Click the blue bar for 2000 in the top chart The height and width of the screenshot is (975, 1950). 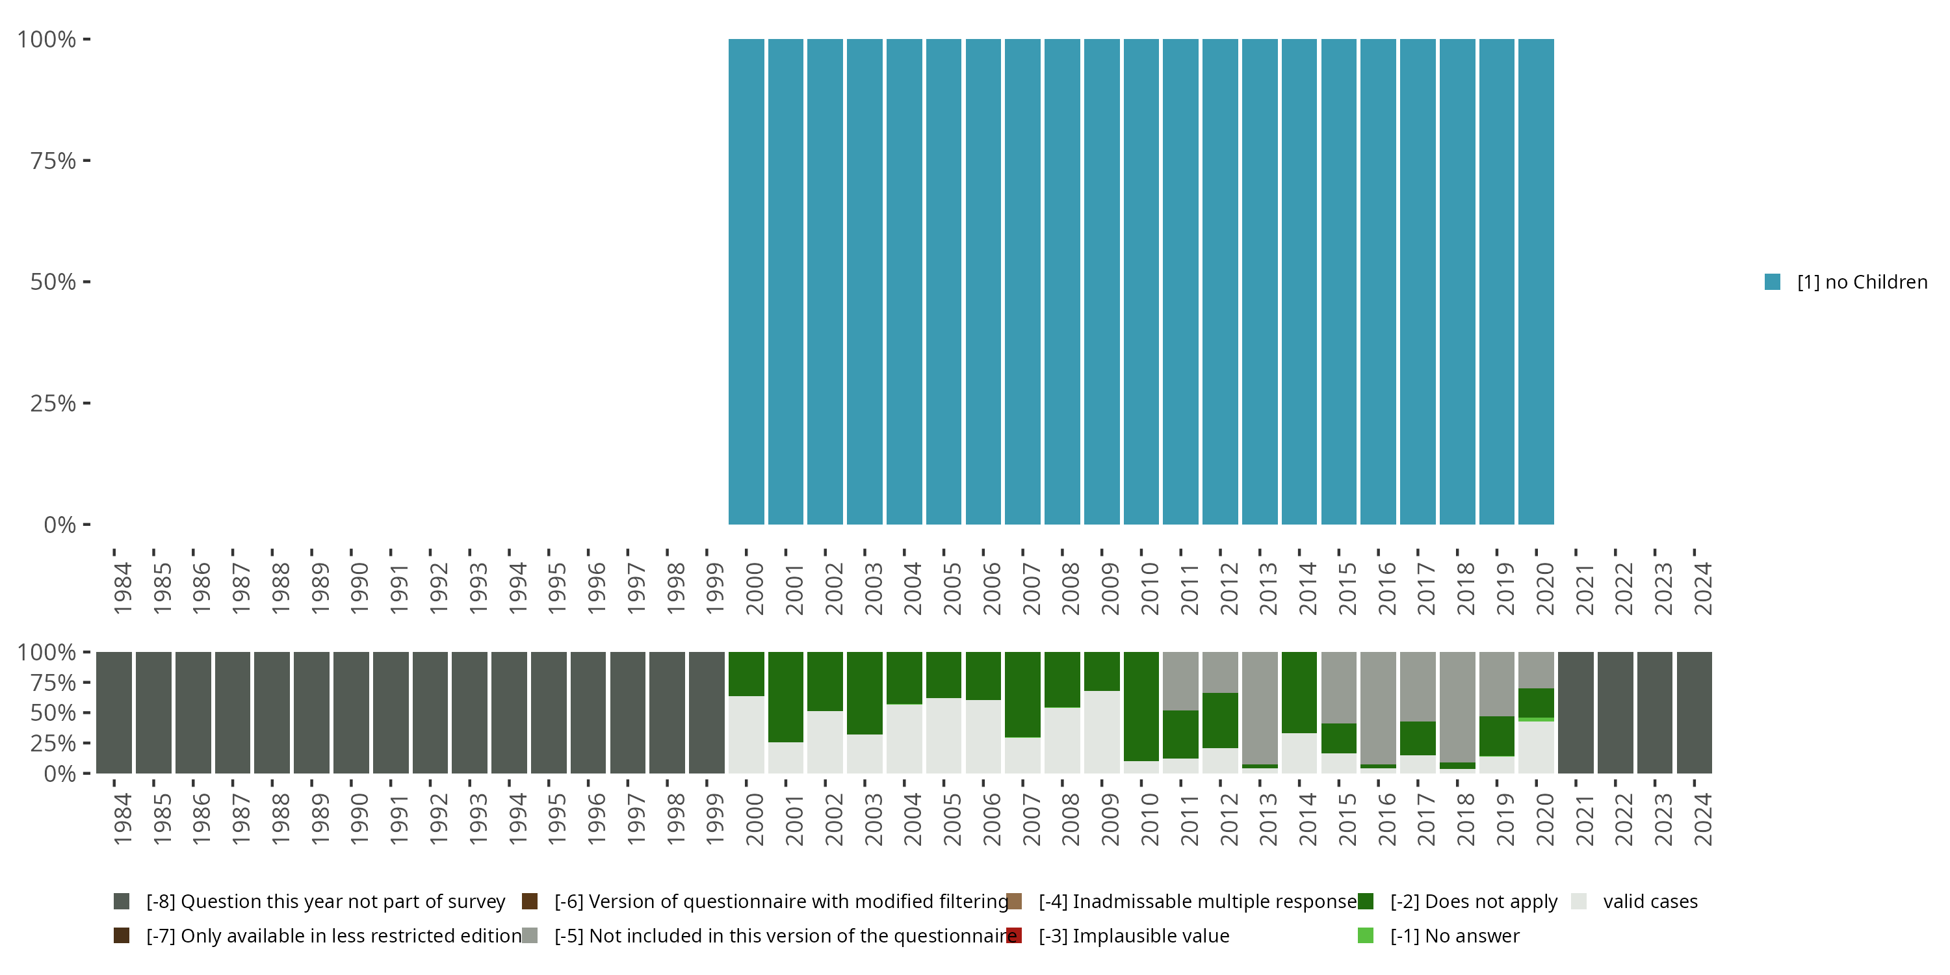coord(746,281)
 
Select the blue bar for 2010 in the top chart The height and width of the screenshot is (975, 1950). coord(1141,281)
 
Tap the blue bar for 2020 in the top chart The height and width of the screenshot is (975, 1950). coord(1536,281)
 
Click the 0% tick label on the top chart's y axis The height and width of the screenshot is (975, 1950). coord(60,525)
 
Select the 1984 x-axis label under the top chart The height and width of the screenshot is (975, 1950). coord(123,588)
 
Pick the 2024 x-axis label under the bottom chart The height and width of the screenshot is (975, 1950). coord(1702,820)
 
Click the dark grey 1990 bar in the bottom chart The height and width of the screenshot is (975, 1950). coord(351,712)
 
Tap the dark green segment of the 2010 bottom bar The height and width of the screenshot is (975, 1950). coord(1141,705)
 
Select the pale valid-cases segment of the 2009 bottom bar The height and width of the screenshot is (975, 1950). coord(1101,731)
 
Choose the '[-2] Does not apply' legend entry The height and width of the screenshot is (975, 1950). coord(1473,902)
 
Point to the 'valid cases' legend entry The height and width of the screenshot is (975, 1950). coord(1650,902)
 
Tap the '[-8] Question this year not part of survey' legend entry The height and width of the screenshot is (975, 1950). coord(325,902)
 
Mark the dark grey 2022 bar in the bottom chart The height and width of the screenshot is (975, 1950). coord(1615,712)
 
